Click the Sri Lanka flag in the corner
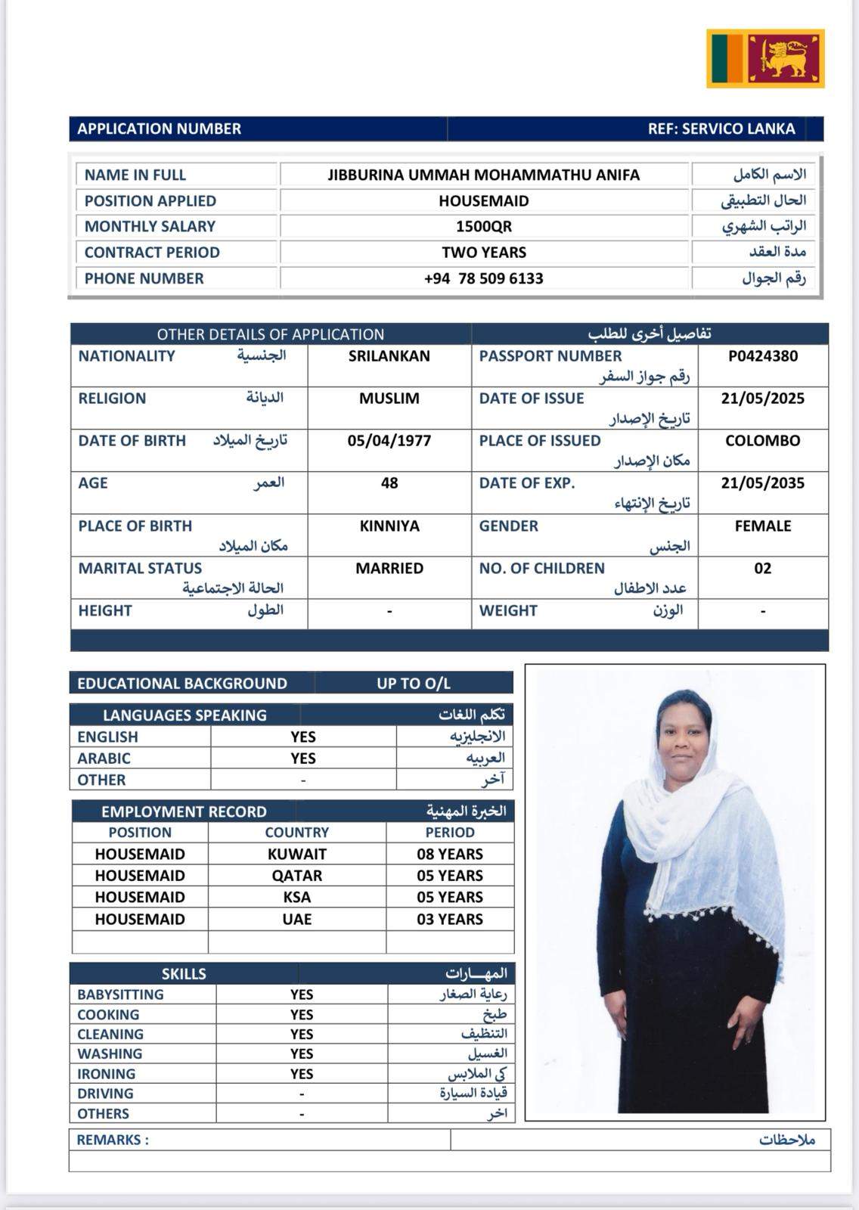click(x=765, y=58)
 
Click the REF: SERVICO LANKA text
click(x=721, y=129)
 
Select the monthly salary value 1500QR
click(x=484, y=226)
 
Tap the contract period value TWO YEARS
click(x=484, y=253)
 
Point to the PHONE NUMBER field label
click(x=144, y=278)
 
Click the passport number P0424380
click(x=762, y=356)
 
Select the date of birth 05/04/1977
click(x=389, y=441)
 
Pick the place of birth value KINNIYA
click(x=389, y=526)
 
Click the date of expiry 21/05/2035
click(x=762, y=483)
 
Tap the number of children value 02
click(x=762, y=569)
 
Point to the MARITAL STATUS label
click(x=140, y=569)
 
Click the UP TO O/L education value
click(x=414, y=684)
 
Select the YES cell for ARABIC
click(x=303, y=759)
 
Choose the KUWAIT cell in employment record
click(x=297, y=855)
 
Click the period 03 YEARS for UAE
click(x=450, y=920)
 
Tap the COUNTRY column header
click(x=297, y=833)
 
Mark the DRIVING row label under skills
click(x=105, y=1094)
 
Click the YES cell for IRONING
click(x=302, y=1074)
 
